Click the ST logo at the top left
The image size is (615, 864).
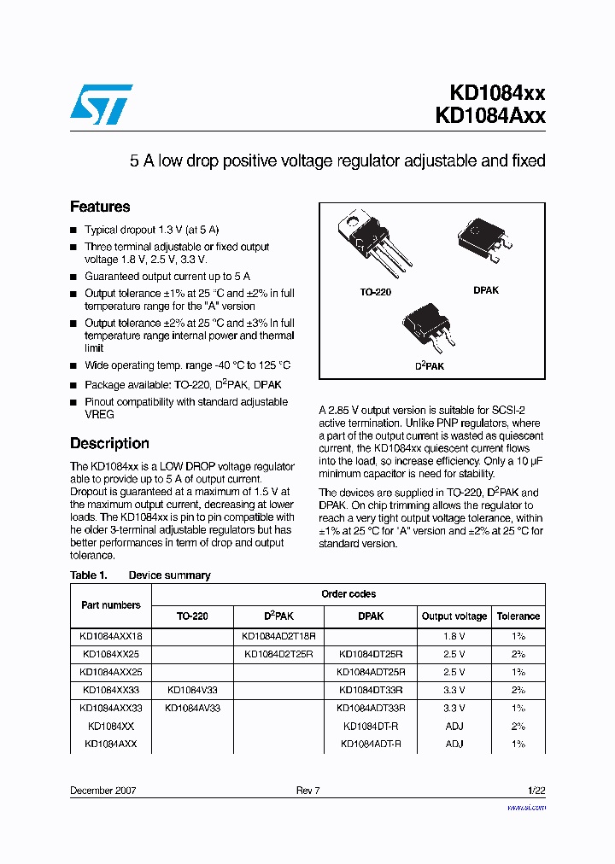101,104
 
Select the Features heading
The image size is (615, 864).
100,207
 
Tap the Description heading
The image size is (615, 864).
109,443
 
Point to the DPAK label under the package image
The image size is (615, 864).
486,290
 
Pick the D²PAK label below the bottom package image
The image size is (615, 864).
430,366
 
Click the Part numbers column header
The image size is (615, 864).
111,605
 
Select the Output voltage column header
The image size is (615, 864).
454,616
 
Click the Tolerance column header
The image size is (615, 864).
518,616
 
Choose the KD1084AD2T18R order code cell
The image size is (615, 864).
278,636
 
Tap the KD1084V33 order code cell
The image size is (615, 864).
192,690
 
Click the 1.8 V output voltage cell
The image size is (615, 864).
454,636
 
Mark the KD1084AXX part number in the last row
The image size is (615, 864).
111,744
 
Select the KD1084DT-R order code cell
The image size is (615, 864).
371,726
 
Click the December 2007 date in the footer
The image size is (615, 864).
102,791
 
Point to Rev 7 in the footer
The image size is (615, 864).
307,791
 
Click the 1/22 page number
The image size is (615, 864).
535,791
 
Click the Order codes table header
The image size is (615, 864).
348,594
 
